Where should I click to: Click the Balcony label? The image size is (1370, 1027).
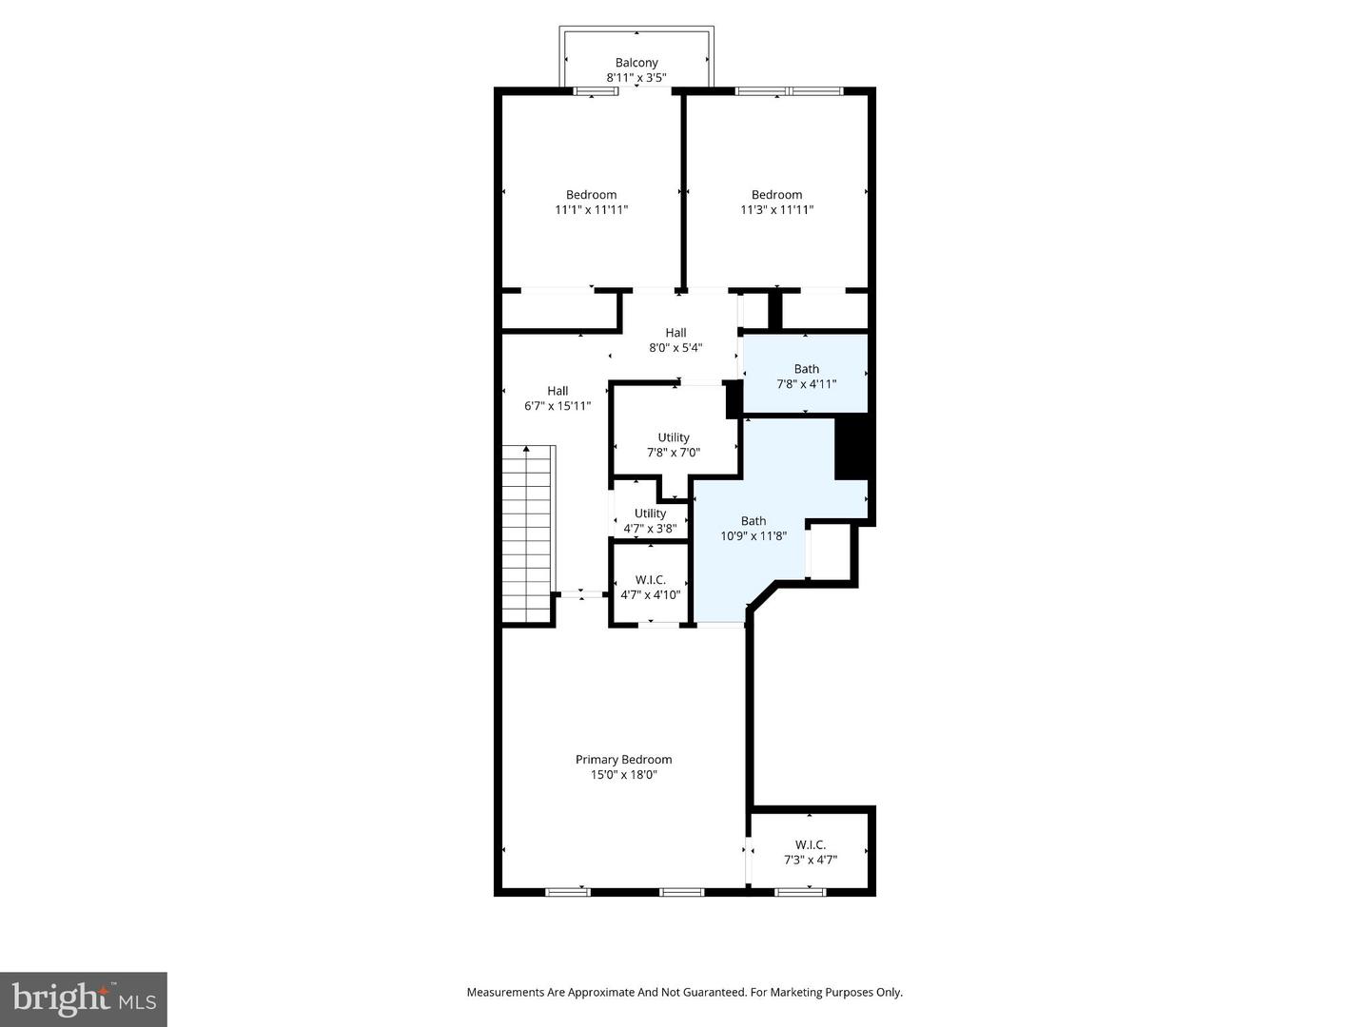pos(636,63)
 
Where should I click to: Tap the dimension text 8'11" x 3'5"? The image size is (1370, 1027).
pos(636,78)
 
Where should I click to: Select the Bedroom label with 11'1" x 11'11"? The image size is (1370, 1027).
pos(591,195)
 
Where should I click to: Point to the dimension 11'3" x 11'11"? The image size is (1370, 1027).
pos(776,210)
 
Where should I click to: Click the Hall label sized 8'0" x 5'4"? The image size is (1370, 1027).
pos(675,333)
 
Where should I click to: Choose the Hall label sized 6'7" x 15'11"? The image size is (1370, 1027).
pos(558,391)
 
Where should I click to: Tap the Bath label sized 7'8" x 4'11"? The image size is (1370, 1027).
pos(806,369)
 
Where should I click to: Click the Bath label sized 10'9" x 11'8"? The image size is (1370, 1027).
pos(753,521)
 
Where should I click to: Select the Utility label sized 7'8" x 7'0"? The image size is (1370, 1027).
pos(674,438)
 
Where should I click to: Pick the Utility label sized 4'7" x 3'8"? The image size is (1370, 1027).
pos(650,513)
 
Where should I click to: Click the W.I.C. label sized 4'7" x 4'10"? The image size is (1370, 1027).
pos(650,580)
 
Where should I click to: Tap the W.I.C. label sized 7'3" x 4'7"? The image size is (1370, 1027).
pos(810,844)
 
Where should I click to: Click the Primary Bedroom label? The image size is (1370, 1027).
pos(623,760)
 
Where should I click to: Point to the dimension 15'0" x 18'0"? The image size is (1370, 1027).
pos(623,775)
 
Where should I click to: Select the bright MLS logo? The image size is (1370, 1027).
pos(83,998)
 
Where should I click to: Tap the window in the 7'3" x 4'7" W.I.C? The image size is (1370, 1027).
pos(800,892)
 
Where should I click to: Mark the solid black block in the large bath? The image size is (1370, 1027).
pos(853,448)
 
